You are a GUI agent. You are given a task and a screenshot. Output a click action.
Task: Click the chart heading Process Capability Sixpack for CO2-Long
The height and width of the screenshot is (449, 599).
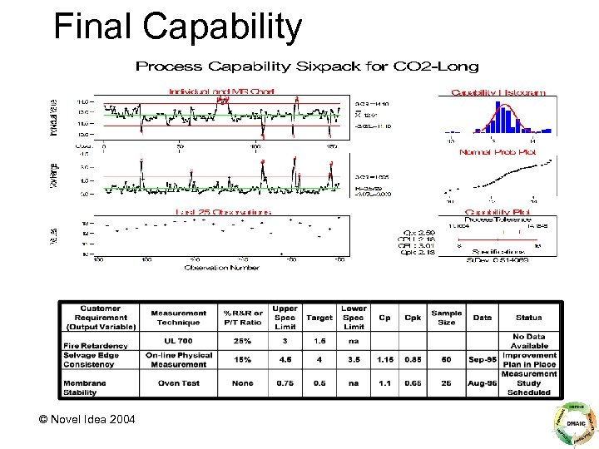(x=307, y=66)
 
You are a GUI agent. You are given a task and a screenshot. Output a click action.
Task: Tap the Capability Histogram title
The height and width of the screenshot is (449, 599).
(x=498, y=92)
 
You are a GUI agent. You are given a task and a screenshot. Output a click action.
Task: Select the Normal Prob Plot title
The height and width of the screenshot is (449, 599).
(x=498, y=152)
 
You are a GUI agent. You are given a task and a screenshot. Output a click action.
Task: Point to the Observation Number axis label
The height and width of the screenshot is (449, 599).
(x=222, y=267)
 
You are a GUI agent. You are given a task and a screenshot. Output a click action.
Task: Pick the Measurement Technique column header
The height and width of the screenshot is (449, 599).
(x=179, y=318)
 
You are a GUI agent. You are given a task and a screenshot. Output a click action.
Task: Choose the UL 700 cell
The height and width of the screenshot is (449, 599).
(x=179, y=342)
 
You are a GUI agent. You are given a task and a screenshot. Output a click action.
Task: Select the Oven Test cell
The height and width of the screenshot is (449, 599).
(x=179, y=383)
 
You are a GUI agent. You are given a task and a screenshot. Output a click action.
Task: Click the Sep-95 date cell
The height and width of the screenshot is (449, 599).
(x=483, y=360)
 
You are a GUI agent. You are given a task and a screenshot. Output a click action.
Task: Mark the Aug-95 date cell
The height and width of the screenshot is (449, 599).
(x=483, y=383)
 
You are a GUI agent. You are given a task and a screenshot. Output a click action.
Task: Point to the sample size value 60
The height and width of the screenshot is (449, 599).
(x=447, y=360)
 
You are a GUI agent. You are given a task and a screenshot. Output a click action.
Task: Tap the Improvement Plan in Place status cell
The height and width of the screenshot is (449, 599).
(x=529, y=360)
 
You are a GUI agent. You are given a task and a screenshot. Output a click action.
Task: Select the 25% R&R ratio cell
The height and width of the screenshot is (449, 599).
(x=242, y=342)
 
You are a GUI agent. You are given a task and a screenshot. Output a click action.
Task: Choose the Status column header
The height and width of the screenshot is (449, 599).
(x=529, y=318)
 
